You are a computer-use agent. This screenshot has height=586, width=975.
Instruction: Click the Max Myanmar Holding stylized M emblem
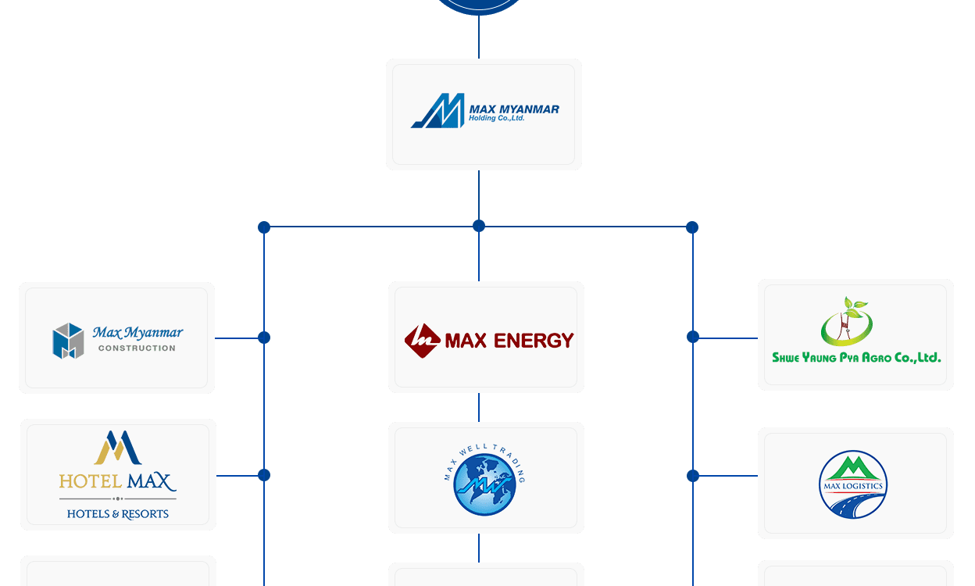[x=437, y=111]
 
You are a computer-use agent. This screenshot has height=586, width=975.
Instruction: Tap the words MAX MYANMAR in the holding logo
[x=514, y=109]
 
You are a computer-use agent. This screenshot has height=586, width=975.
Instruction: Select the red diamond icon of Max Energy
[x=422, y=341]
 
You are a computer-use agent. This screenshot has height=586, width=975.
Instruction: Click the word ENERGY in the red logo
[x=534, y=341]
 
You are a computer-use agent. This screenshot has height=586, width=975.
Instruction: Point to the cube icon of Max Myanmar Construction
[x=68, y=341]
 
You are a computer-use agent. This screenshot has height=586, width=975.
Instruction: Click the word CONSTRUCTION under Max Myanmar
[x=137, y=348]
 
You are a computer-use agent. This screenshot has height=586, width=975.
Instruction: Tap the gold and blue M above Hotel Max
[x=117, y=448]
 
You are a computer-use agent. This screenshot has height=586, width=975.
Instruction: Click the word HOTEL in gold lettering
[x=91, y=481]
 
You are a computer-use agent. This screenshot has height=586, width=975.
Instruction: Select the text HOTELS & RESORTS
[x=117, y=514]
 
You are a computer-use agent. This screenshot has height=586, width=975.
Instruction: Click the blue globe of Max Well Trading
[x=484, y=484]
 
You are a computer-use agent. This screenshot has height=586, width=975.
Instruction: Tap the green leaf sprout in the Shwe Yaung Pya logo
[x=855, y=306]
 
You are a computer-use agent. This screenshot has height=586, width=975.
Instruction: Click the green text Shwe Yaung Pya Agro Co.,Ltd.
[x=856, y=357]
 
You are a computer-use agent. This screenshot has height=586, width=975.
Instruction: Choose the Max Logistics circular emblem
[x=853, y=484]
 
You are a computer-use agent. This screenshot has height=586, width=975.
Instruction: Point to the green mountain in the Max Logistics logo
[x=853, y=468]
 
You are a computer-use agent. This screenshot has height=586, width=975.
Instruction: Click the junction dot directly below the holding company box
[x=479, y=226]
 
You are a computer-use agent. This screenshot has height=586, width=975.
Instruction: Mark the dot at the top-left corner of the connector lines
[x=264, y=227]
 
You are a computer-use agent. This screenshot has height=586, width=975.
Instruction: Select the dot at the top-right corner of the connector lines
[x=692, y=227]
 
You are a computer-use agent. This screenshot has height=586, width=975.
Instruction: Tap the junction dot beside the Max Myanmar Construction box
[x=264, y=338]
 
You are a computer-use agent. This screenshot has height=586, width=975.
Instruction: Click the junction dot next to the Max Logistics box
[x=693, y=476]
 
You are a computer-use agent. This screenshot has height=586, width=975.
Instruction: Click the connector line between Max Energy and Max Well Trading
[x=479, y=408]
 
